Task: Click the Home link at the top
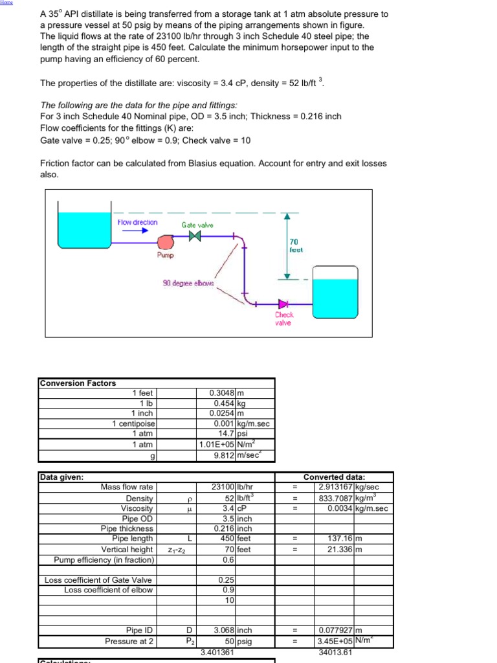coord(6,3)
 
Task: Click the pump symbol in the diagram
coord(166,242)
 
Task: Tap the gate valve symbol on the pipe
coord(194,236)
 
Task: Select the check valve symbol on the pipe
coord(283,303)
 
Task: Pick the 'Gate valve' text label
coord(197,225)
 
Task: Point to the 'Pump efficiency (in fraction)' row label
coord(104,560)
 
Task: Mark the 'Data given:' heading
coord(62,477)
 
